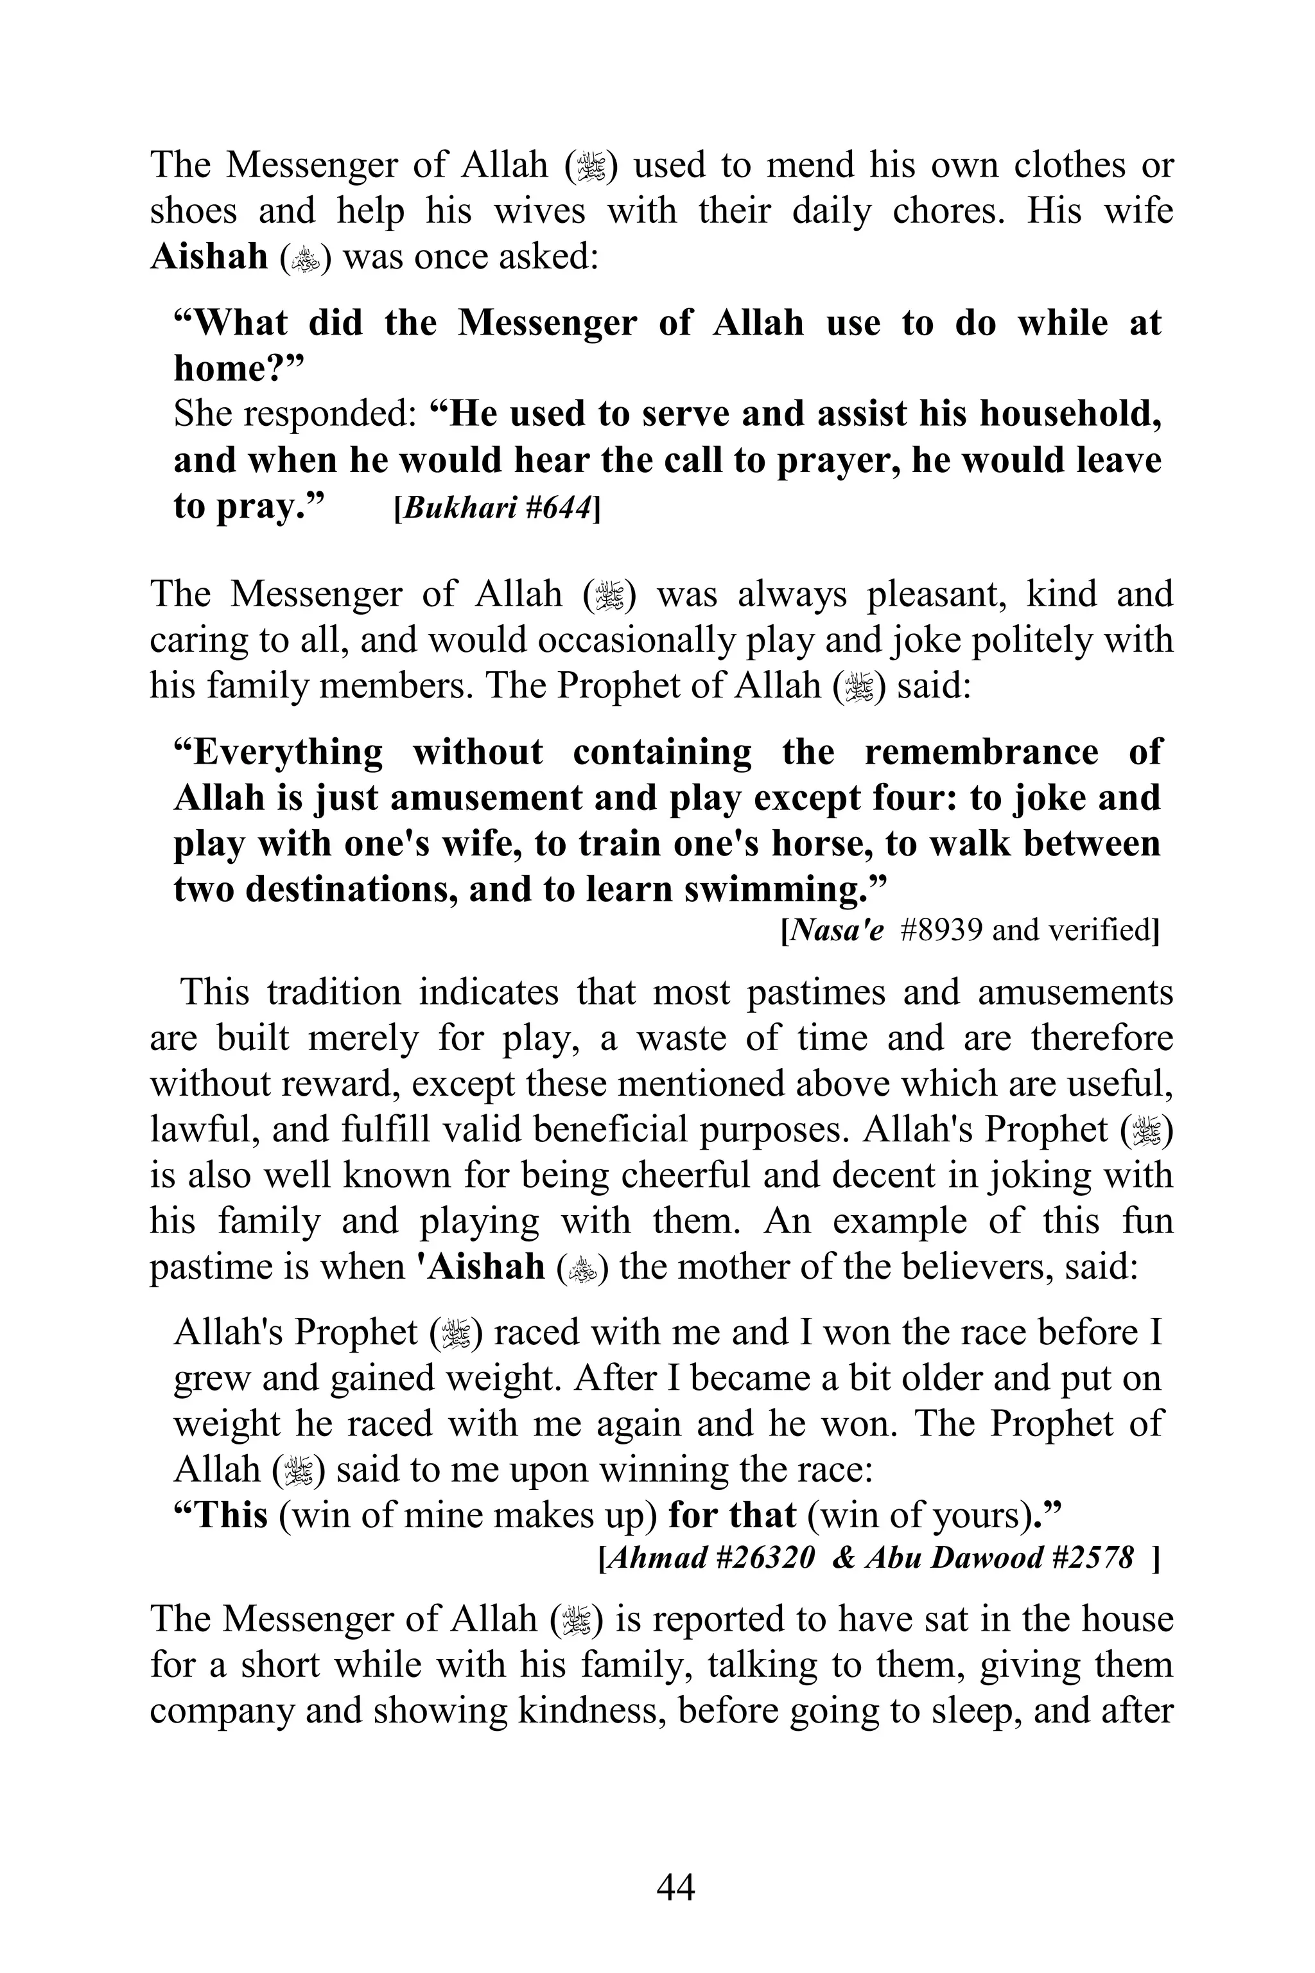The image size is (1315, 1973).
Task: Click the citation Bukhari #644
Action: click(x=496, y=509)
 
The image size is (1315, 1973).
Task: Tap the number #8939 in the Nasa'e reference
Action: click(x=940, y=930)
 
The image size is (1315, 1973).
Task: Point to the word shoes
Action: click(x=193, y=210)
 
